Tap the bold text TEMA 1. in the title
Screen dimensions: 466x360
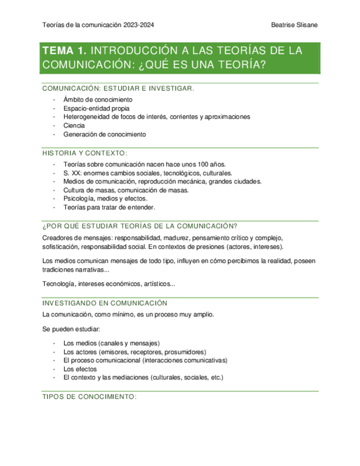point(64,51)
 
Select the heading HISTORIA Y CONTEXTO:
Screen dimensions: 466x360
point(85,153)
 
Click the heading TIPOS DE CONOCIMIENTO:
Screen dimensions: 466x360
point(89,396)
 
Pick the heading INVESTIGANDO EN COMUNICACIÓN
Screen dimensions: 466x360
point(104,303)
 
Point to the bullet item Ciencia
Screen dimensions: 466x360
point(74,125)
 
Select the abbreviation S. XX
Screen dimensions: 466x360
point(72,173)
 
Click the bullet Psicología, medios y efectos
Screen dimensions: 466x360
point(107,199)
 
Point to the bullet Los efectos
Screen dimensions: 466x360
point(80,369)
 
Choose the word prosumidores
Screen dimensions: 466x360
point(185,352)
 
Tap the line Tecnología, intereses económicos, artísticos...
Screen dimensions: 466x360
point(109,284)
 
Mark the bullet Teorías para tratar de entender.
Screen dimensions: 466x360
point(109,208)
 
